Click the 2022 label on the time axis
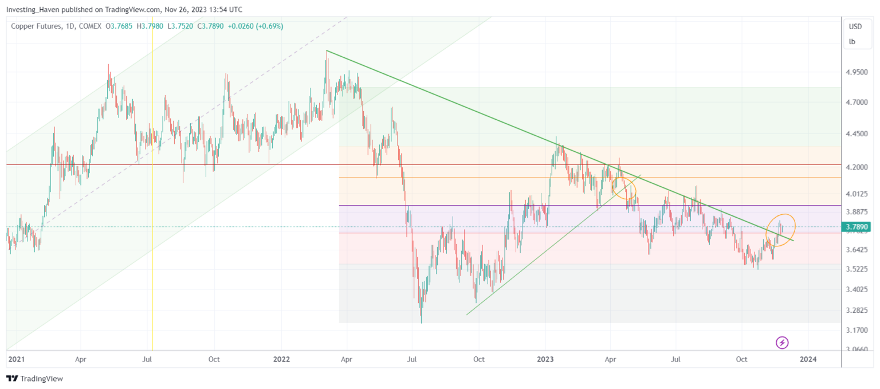coord(281,359)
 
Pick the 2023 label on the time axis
coord(545,359)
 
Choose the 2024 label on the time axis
coord(808,359)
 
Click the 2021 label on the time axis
coord(17,359)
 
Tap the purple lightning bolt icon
coord(782,343)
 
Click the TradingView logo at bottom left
coord(34,379)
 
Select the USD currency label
coord(855,27)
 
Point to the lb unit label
coord(852,41)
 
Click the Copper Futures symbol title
coord(37,26)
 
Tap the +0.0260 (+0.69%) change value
coord(256,26)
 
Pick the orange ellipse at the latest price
coord(780,230)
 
